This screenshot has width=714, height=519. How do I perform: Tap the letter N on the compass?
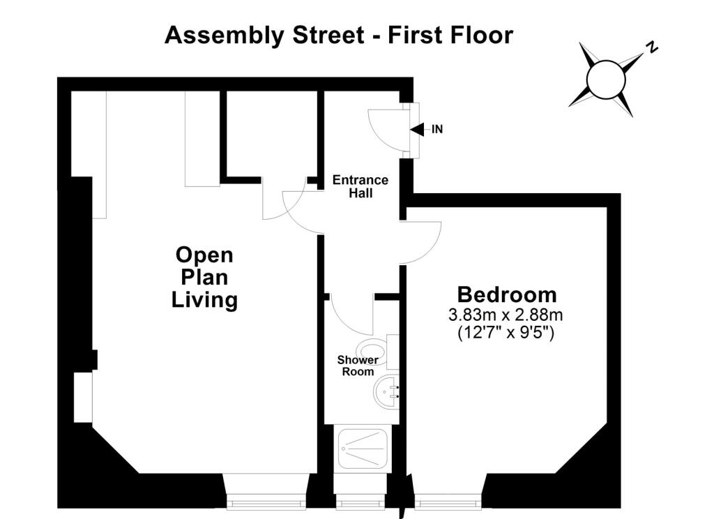(x=653, y=47)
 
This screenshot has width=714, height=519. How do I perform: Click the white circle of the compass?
(x=606, y=80)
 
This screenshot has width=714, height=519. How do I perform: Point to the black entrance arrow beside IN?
(x=417, y=130)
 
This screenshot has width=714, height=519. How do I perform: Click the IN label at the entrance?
(x=437, y=130)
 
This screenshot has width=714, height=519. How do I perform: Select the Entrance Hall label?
(x=360, y=186)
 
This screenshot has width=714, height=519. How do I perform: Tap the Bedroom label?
(x=507, y=294)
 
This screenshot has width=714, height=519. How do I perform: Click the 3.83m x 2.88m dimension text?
(x=506, y=315)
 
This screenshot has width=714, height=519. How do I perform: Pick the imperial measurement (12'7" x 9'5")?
(x=506, y=333)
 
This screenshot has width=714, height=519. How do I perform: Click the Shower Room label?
(x=358, y=366)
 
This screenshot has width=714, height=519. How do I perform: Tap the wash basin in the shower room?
(x=386, y=392)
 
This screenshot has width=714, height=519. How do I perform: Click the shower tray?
(x=363, y=448)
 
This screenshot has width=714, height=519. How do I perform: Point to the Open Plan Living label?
(x=204, y=277)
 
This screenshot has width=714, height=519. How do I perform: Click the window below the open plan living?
(x=266, y=503)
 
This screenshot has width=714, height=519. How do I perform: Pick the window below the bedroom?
(x=448, y=503)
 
